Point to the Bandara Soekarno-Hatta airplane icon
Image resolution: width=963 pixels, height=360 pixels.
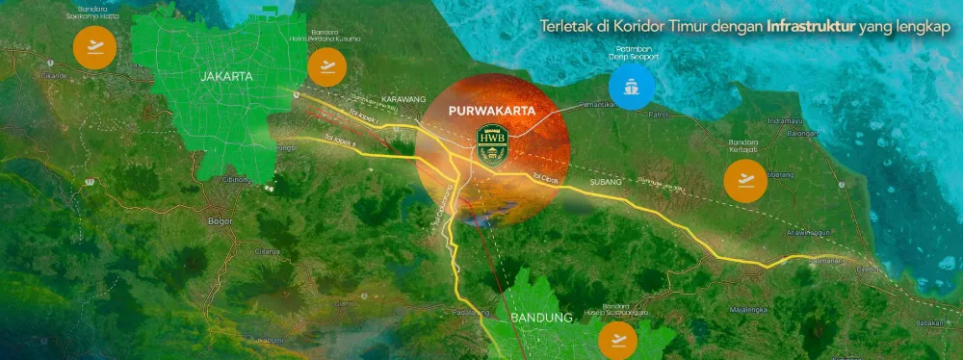[94, 46]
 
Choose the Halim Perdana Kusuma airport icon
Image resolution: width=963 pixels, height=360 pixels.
[325, 66]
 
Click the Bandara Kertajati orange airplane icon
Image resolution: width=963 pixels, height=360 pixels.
[743, 179]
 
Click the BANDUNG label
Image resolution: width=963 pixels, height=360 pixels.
[542, 317]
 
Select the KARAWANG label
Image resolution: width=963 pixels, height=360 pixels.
[403, 99]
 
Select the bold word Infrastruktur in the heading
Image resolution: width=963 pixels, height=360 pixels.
[811, 28]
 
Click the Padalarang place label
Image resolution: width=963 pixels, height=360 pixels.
[470, 312]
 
